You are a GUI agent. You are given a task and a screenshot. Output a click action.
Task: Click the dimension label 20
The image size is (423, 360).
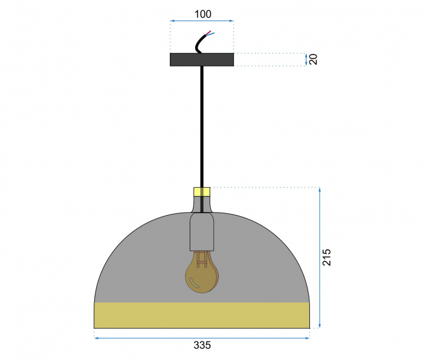pyautogui.click(x=313, y=59)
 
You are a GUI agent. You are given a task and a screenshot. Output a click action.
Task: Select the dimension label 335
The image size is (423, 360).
pyautogui.click(x=202, y=346)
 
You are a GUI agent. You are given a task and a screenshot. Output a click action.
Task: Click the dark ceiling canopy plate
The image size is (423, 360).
pyautogui.click(x=202, y=59)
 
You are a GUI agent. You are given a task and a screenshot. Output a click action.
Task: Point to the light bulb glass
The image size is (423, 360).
pyautogui.click(x=202, y=275)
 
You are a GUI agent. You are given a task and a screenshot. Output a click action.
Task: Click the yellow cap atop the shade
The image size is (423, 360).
pyautogui.click(x=202, y=192)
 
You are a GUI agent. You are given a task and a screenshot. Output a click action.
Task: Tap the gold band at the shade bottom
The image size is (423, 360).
pyautogui.click(x=202, y=315)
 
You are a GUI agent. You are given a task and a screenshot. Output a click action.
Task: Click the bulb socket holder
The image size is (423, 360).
pyautogui.click(x=202, y=233)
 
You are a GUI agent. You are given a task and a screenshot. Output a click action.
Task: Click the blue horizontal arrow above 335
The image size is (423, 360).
pyautogui.click(x=202, y=338)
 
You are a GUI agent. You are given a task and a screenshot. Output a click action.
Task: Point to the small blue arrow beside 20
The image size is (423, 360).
pyautogui.click(x=305, y=59)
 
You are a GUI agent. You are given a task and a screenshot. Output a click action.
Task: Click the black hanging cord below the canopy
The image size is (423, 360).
pyautogui.click(x=202, y=121)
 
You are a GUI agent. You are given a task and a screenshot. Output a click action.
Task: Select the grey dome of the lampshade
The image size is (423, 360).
pyautogui.click(x=139, y=266)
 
